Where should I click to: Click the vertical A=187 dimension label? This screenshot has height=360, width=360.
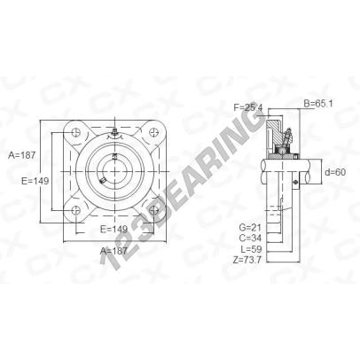click(21, 155)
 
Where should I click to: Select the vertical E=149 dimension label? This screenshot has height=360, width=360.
click(35, 181)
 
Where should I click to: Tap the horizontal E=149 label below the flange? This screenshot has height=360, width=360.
click(113, 229)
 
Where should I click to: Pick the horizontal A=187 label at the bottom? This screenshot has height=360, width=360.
click(113, 251)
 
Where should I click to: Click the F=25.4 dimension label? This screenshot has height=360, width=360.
click(248, 107)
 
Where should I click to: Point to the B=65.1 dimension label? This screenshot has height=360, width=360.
click(318, 104)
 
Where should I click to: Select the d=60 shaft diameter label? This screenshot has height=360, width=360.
click(335, 172)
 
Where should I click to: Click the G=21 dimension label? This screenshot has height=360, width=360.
click(250, 227)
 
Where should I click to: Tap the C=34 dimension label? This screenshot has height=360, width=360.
click(250, 238)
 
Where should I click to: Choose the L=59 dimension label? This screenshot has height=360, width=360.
click(251, 248)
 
